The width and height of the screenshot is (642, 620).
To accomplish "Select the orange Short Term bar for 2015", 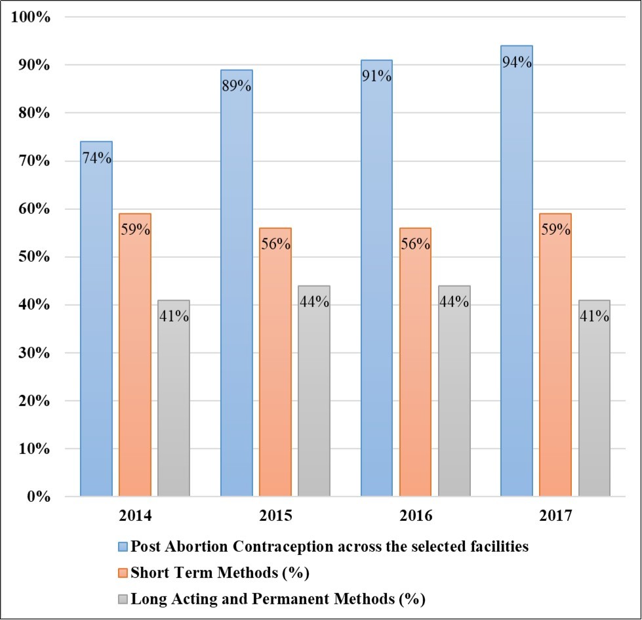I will [275, 367].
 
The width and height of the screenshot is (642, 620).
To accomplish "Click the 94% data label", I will [517, 63].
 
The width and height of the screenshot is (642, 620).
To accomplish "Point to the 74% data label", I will [96, 158].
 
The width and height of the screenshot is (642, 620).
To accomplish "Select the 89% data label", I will [237, 86].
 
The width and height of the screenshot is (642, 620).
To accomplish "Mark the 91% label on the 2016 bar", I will [377, 76].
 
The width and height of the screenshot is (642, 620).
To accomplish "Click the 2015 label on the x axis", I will [276, 516].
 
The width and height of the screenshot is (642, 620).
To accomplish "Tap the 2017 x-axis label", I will [556, 516].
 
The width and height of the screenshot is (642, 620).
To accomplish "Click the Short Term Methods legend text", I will [220, 573].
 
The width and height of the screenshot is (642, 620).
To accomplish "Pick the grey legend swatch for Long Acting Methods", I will [124, 598].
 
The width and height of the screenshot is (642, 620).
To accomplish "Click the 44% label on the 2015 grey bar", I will [314, 302].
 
